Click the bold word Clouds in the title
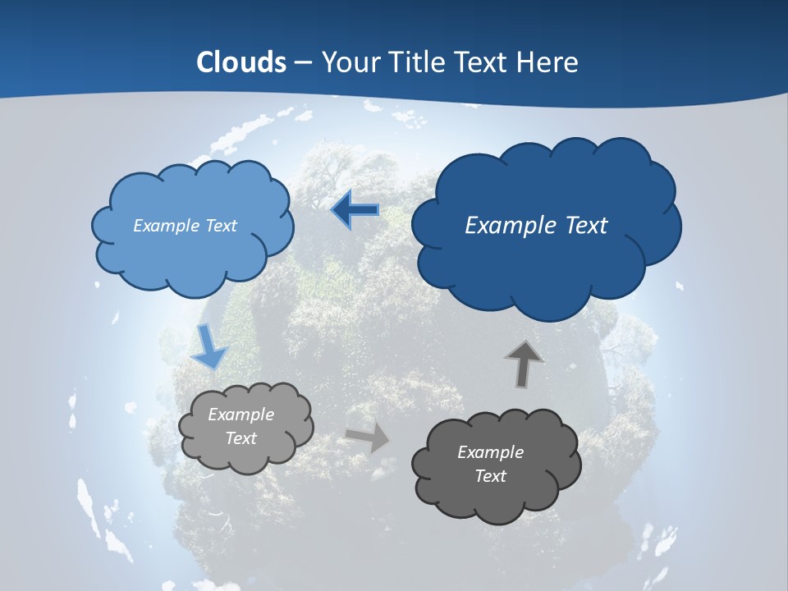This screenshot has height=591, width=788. pyautogui.click(x=241, y=62)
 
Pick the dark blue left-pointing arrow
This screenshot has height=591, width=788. pyautogui.click(x=356, y=210)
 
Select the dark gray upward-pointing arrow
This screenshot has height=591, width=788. pyautogui.click(x=524, y=364)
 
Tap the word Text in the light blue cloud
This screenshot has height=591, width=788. pyautogui.click(x=220, y=226)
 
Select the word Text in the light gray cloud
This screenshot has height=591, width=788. pyautogui.click(x=241, y=438)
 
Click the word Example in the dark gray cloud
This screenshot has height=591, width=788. pyautogui.click(x=490, y=452)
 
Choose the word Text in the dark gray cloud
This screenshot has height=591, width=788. pyautogui.click(x=490, y=476)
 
